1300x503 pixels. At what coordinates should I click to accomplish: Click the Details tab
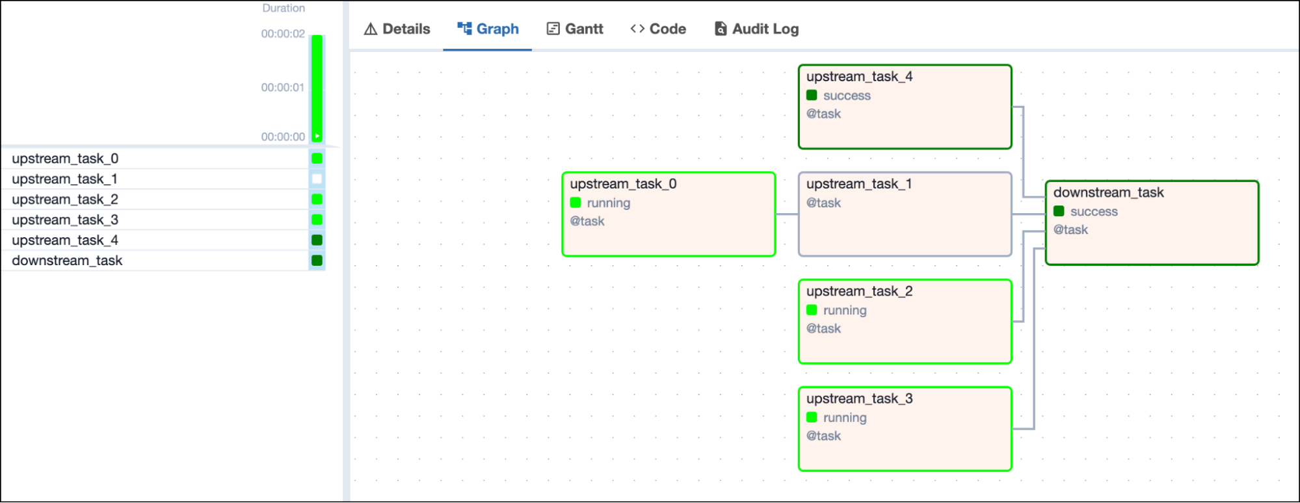[397, 29]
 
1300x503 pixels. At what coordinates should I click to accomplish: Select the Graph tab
[488, 29]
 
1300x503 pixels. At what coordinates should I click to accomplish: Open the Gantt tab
[575, 29]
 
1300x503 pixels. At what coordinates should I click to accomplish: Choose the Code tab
[658, 29]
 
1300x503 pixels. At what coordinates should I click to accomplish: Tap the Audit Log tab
[756, 29]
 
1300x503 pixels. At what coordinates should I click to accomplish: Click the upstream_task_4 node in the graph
[905, 107]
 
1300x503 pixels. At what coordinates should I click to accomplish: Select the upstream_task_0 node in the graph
[669, 214]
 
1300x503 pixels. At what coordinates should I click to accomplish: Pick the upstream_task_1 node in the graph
[905, 214]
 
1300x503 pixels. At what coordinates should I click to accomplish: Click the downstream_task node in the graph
[1152, 223]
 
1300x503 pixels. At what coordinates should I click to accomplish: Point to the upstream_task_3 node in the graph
[905, 429]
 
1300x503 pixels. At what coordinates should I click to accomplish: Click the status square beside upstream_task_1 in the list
[317, 179]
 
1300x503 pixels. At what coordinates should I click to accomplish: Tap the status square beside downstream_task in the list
[317, 261]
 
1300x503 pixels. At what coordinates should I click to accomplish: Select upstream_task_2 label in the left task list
[65, 200]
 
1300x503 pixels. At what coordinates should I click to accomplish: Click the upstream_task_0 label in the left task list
[65, 159]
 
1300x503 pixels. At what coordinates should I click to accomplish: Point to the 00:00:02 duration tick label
[283, 34]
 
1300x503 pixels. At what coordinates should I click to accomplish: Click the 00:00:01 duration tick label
[283, 88]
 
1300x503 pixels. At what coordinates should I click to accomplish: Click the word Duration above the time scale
[284, 8]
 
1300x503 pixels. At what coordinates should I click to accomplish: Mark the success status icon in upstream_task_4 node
[812, 96]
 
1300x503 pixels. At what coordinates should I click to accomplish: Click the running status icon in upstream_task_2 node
[812, 310]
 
